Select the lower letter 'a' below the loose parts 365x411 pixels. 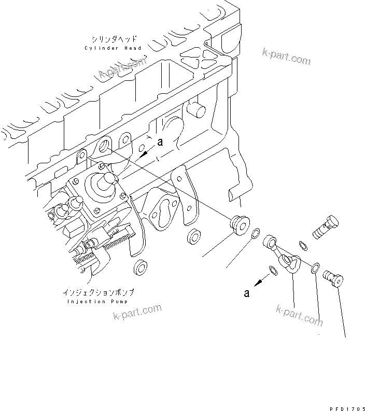pyautogui.click(x=247, y=293)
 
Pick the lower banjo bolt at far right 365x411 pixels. pyautogui.click(x=332, y=278)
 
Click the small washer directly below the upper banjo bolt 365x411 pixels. pyautogui.click(x=304, y=244)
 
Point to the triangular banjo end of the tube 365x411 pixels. pyautogui.click(x=292, y=262)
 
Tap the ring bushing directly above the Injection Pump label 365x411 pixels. pyautogui.click(x=139, y=267)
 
